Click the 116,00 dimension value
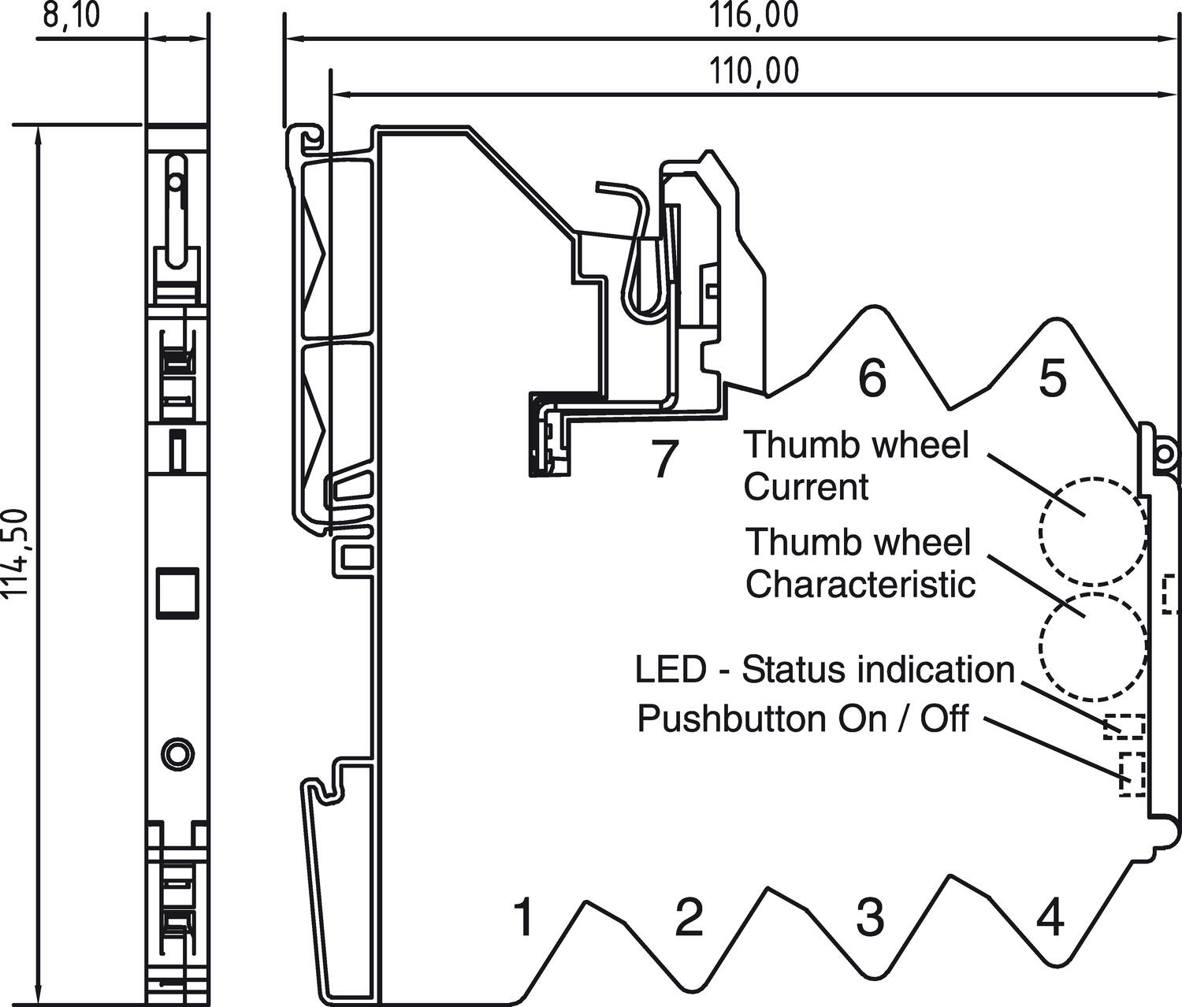pos(754,16)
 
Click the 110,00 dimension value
pos(754,72)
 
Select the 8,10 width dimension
pos(71,16)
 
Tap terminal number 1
pos(523,916)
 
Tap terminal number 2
pos(689,916)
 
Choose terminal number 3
pos(869,916)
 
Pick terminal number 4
pos(1050,916)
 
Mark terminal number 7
pos(664,459)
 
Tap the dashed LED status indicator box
pos(1124,726)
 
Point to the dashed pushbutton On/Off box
pos(1132,774)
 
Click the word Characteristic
pos(860,585)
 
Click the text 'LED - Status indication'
pos(825,671)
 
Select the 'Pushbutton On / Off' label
pos(802,719)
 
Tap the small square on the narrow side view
pos(177,591)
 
